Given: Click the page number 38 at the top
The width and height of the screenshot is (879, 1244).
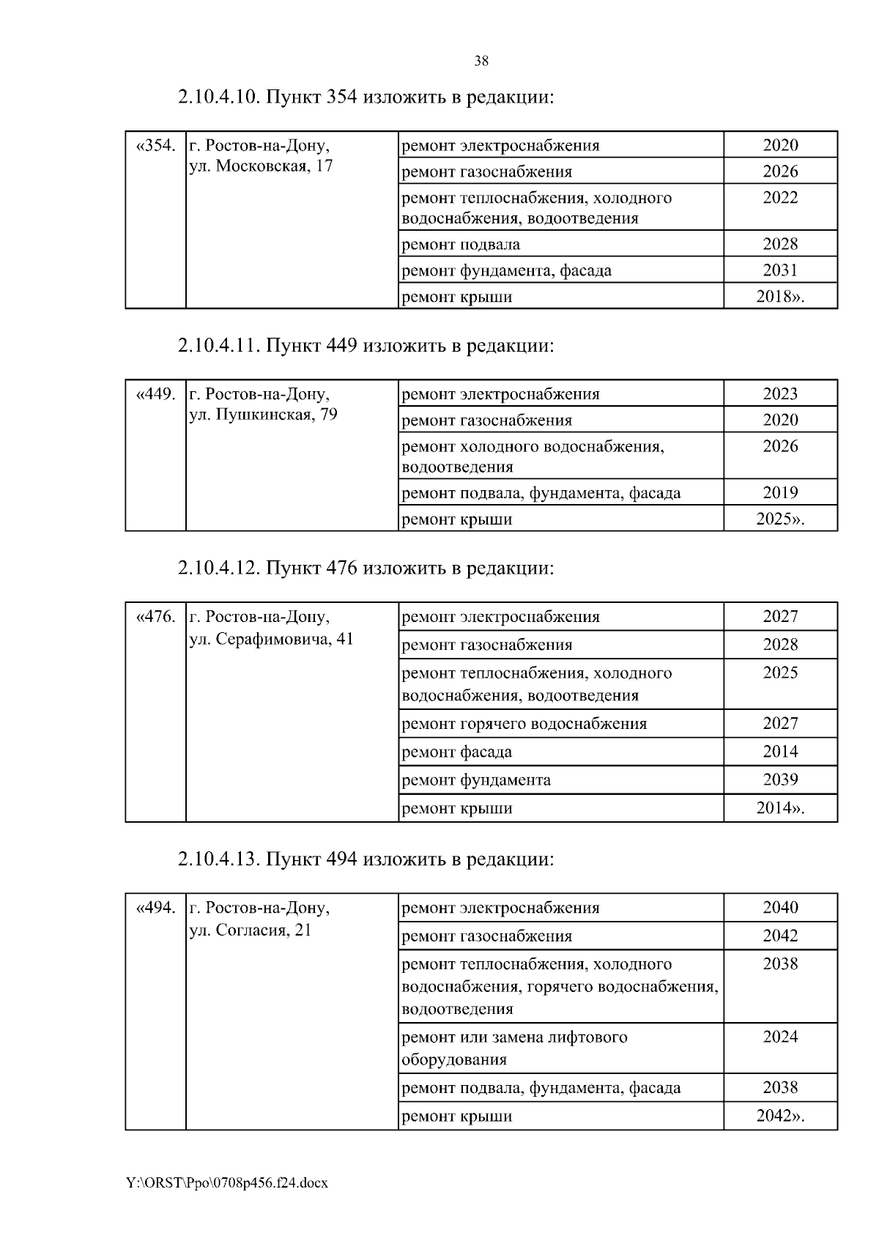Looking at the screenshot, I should tap(481, 62).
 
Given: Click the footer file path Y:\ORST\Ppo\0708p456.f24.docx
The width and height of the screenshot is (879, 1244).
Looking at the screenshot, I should tap(226, 1182).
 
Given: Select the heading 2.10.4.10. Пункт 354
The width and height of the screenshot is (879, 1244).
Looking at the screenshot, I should tap(365, 97).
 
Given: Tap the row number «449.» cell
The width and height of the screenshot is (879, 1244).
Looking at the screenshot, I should tap(156, 394).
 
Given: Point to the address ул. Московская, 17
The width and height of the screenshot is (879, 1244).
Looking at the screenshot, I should tap(261, 166).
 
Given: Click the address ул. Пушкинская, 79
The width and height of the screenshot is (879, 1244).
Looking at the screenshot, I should tap(263, 415).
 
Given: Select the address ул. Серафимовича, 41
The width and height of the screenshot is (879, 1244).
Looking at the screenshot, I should tap(271, 639).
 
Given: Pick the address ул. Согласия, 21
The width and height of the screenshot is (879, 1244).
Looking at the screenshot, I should tap(251, 930).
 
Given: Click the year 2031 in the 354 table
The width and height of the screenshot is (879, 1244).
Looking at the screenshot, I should tap(780, 270).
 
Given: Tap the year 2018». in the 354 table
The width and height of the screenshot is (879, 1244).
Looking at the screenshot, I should tap(780, 297).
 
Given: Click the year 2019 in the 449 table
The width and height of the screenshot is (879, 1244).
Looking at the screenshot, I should tap(780, 493).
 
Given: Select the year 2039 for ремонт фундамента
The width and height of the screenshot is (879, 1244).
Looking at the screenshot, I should tap(780, 780).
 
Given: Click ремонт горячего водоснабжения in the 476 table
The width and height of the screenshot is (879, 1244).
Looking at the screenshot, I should tap(524, 724).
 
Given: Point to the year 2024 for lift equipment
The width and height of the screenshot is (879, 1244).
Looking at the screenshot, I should tap(780, 1037).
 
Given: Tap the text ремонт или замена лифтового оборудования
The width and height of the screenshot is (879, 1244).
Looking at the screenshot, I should tap(514, 1048).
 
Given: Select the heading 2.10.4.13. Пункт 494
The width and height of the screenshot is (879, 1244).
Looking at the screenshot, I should tap(365, 859).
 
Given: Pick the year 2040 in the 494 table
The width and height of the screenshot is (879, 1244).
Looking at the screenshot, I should tap(780, 908).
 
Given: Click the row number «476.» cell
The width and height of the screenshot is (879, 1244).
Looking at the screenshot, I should tap(156, 617).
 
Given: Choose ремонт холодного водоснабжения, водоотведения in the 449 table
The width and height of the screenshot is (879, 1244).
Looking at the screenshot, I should tap(533, 456).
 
